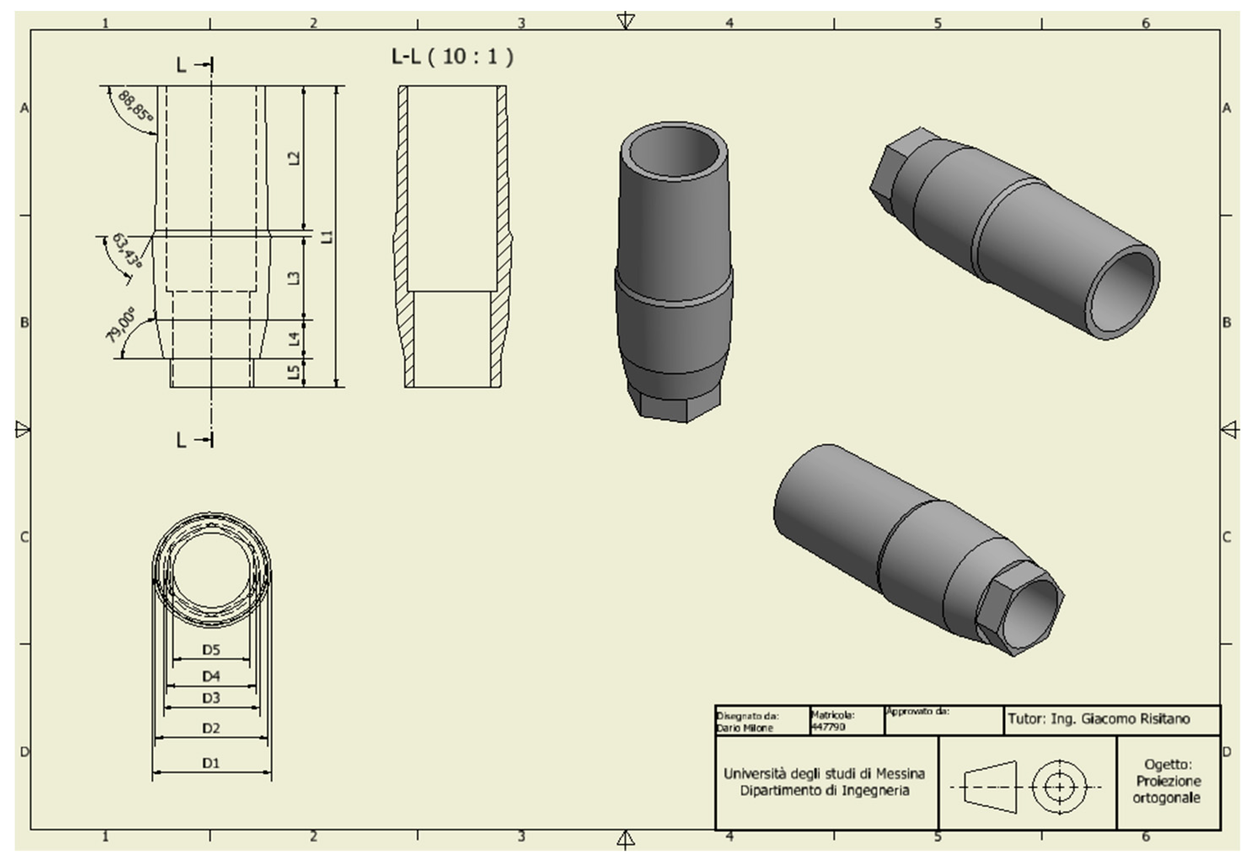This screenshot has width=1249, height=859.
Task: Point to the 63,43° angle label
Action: pos(128,251)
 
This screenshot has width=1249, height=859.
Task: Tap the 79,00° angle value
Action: pos(120,325)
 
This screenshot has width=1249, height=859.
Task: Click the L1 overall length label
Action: pos(327,236)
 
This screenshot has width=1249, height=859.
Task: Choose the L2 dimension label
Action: pos(294,158)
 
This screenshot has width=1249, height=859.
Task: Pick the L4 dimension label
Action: pos(294,339)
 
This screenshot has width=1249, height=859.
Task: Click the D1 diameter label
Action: pos(211,763)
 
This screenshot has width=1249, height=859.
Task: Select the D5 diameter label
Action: pos(211,650)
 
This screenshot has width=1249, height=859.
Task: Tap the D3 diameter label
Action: pos(211,698)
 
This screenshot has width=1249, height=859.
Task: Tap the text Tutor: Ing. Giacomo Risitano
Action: pos(1099,719)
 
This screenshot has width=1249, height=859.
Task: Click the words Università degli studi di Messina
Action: pos(824,774)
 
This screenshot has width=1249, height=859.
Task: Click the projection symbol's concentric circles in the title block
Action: pos(1059,787)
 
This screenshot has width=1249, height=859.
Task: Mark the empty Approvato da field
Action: pos(943,724)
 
